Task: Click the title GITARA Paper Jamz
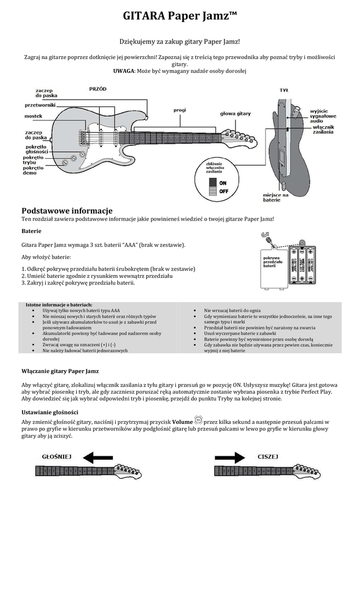click(179, 17)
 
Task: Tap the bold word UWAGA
click(124, 71)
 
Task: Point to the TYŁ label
click(284, 90)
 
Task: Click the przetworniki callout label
click(40, 105)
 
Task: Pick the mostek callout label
click(33, 116)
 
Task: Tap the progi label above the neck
click(179, 109)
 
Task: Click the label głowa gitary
click(235, 114)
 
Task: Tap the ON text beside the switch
click(223, 182)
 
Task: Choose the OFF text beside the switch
click(223, 191)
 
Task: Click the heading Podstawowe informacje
click(67, 210)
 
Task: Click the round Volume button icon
click(199, 419)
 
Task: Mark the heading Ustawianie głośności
click(54, 412)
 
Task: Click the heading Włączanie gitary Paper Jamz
click(60, 371)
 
